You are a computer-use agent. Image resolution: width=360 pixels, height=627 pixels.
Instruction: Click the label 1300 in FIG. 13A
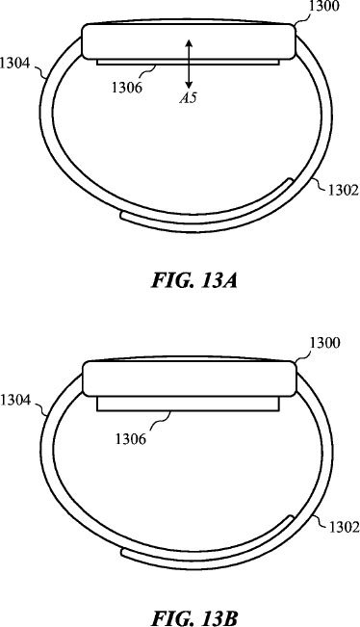point(325,7)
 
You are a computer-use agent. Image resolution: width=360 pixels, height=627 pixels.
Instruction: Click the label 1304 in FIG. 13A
point(15,64)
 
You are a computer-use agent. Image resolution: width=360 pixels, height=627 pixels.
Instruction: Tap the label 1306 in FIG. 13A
point(127,87)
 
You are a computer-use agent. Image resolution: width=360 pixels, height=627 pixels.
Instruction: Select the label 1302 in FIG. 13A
point(344,191)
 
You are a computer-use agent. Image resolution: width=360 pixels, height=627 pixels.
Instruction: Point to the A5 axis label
point(188,98)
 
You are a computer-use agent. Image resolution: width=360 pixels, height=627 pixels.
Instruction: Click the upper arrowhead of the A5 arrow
point(189,42)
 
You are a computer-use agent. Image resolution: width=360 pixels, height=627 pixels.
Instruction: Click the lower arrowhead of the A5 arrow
point(189,85)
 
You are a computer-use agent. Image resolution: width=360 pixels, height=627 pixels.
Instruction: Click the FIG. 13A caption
point(194,280)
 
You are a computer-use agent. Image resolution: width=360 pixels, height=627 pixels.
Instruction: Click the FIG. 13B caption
point(194,617)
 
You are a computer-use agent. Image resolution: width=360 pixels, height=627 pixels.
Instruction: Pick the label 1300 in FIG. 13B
point(325,343)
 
